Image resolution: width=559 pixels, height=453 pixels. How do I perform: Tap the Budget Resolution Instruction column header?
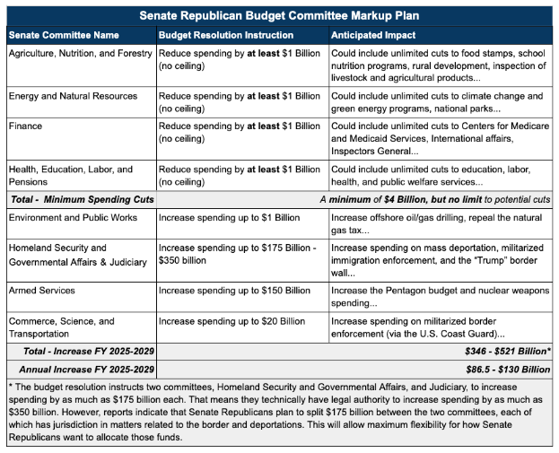[225, 35]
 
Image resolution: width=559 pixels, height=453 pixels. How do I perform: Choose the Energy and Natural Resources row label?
[73, 96]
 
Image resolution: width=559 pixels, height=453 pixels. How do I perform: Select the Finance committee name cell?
[25, 126]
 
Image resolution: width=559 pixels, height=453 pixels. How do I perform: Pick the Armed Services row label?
[41, 291]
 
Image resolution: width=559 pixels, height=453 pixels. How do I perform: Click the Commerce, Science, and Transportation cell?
[61, 327]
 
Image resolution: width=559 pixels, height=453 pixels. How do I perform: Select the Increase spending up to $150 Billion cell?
[234, 291]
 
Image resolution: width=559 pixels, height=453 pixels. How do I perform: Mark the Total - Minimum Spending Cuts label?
[81, 198]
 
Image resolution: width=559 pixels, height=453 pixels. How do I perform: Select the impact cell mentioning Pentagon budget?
[440, 297]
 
